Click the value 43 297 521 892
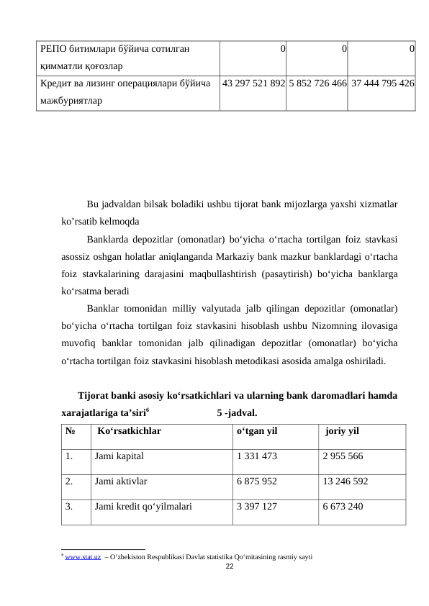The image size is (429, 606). point(253,83)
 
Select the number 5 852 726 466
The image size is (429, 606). point(317,83)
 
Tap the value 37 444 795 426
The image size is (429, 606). point(382,83)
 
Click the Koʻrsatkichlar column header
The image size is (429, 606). point(129,433)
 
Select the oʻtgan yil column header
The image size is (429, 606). point(257,433)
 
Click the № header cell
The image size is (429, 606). point(71,433)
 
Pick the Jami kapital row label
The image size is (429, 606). point(119,456)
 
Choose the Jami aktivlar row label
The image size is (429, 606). point(121,481)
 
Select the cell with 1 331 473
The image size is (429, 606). point(257,456)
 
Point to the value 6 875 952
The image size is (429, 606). point(257,481)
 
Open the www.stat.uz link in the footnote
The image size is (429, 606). point(82,557)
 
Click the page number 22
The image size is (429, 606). point(230,567)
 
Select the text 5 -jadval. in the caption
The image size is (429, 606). point(238,413)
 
